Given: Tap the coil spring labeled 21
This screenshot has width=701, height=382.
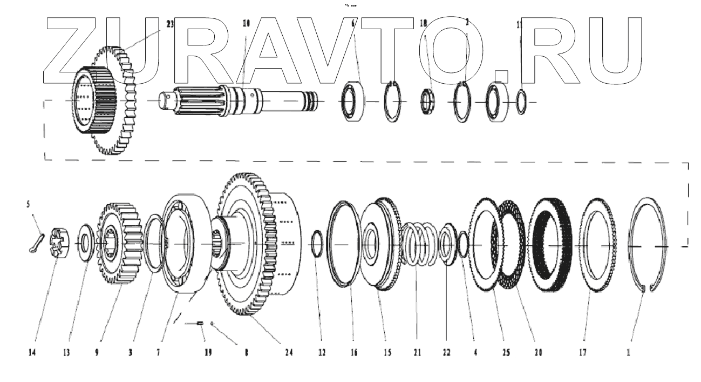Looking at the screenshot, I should (x=420, y=244).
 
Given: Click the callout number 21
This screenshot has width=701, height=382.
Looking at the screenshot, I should (x=417, y=352).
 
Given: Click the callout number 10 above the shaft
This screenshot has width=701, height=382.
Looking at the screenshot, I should (x=247, y=24).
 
